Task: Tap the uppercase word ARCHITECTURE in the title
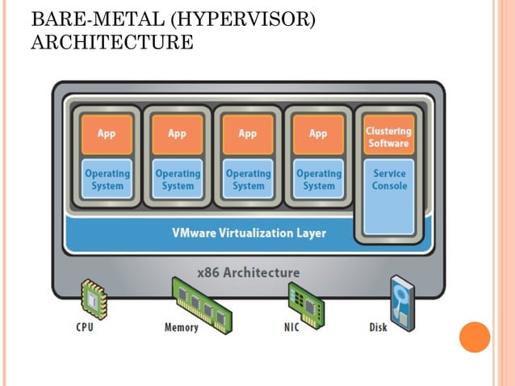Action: (x=111, y=42)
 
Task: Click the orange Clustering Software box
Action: (x=388, y=136)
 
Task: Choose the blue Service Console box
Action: (x=389, y=195)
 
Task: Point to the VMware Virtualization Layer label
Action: (x=249, y=233)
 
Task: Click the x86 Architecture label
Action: (x=249, y=272)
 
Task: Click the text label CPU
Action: (x=85, y=327)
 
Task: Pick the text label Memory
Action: (x=181, y=327)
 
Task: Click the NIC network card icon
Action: (x=306, y=301)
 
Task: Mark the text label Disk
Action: (x=378, y=327)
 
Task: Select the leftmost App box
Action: (x=107, y=134)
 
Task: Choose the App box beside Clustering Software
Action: (x=318, y=134)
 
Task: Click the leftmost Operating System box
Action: (x=107, y=179)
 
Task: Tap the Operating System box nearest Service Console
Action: (x=318, y=179)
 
